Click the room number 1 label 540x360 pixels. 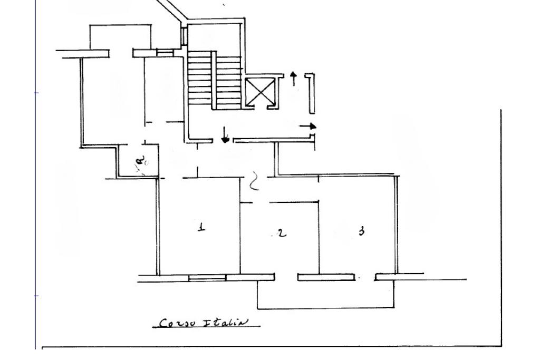201,228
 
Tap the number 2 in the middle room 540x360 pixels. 282,232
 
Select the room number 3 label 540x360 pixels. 361,231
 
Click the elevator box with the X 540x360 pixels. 260,92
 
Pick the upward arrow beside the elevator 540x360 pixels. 294,77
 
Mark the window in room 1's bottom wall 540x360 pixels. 207,277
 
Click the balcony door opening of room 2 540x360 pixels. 286,277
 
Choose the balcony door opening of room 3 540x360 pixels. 364,277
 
